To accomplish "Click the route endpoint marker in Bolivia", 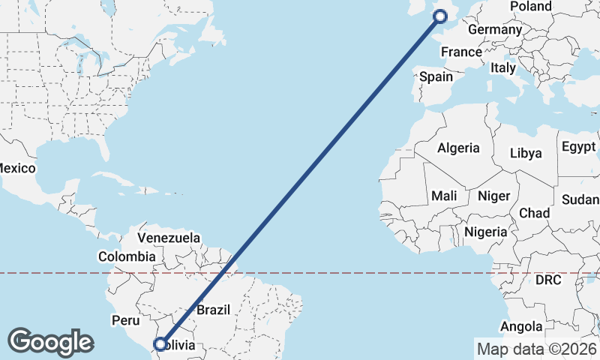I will pos(160,344).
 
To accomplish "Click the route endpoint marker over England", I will pos(440,16).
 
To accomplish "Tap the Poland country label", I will pos(530,7).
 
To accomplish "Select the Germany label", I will pos(494,30).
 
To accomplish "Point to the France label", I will pos(461,52).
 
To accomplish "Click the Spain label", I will pos(436,76).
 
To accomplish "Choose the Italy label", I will pos(503,67).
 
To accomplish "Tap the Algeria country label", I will pos(458,148).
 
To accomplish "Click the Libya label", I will pos(526,153).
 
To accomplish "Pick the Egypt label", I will pos(578,145).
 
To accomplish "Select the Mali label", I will pos(444,196).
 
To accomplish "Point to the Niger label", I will pos(493,196).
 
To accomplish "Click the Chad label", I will pos(533,213).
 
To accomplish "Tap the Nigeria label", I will pos(485,232).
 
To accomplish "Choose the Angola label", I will pos(521,326).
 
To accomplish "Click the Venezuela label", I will pos(169,238).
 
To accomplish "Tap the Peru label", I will pos(126,320).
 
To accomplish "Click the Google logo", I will pos(50,341).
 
